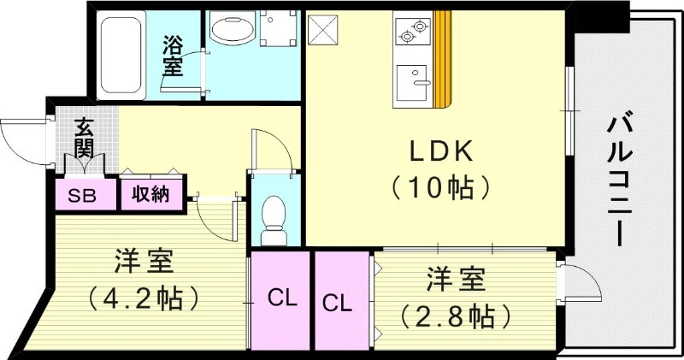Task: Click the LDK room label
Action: coord(439,151)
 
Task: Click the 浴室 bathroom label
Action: coord(174,56)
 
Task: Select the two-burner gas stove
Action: coord(413,32)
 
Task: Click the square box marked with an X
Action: coord(323,33)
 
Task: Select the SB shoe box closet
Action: coord(83,195)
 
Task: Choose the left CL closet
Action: coord(281,299)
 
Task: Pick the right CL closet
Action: coord(339,302)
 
